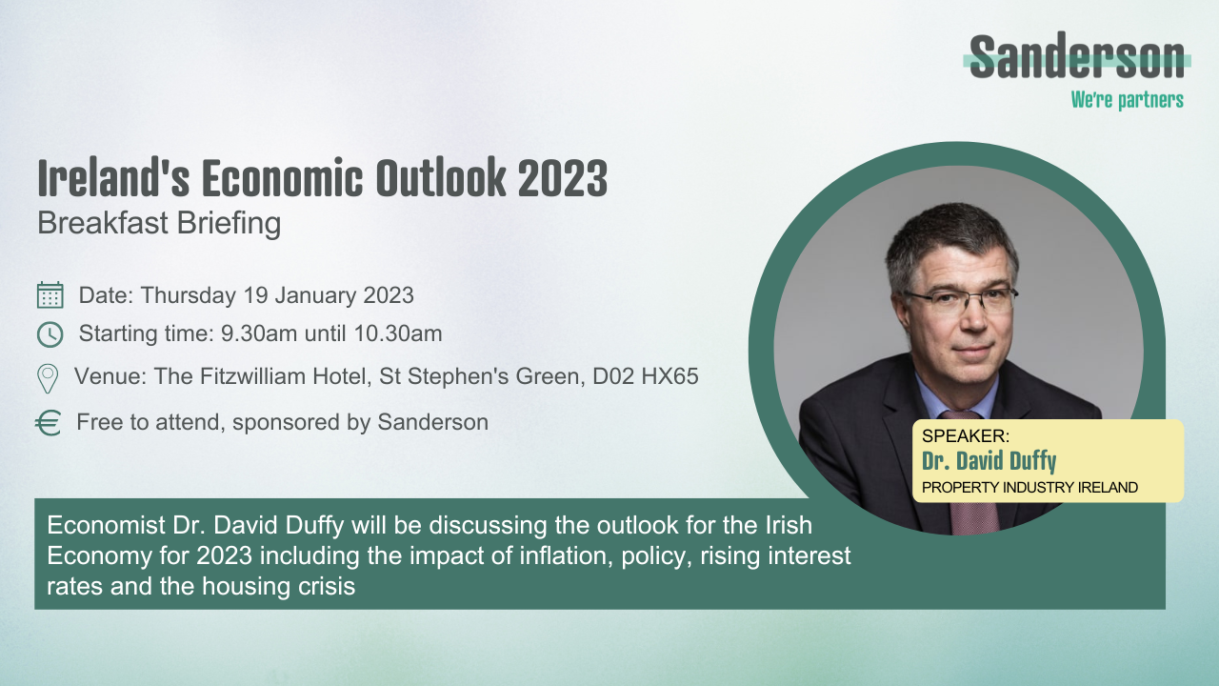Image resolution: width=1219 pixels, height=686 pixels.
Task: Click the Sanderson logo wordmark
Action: point(1077,59)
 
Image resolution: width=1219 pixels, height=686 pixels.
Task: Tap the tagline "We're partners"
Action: point(1127,99)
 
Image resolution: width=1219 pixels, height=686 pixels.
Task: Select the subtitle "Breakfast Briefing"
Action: point(159,223)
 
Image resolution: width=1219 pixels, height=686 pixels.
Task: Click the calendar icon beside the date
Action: point(50,295)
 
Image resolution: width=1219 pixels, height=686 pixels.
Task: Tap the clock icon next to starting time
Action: point(50,334)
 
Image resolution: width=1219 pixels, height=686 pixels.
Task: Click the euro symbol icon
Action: point(49,423)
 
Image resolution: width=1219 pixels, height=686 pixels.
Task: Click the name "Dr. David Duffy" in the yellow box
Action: point(989,463)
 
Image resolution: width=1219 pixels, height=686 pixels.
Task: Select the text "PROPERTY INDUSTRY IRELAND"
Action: point(1029,488)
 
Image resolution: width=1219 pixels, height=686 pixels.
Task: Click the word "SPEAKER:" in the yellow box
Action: point(965,436)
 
